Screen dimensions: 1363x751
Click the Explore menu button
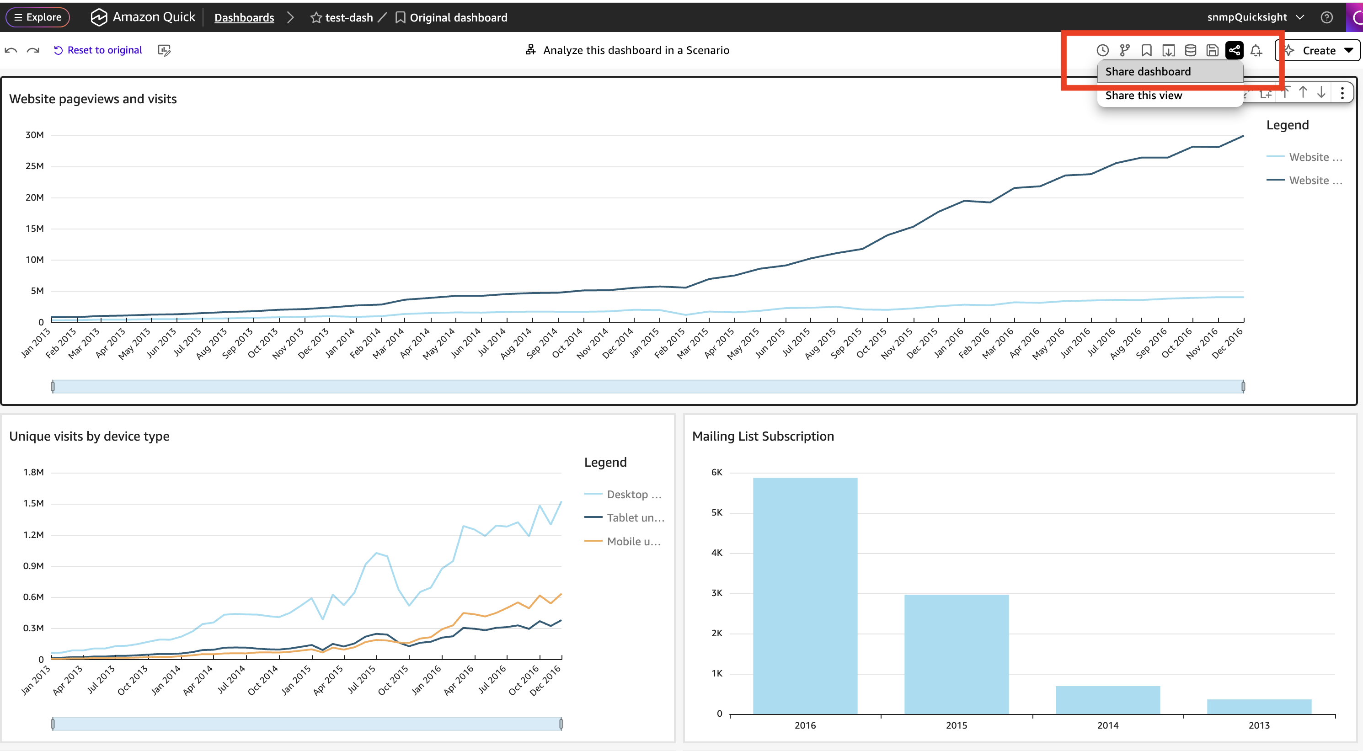point(37,17)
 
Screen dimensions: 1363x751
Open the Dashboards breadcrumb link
point(244,17)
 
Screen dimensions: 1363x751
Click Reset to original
point(98,50)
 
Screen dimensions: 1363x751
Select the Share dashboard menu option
point(1148,71)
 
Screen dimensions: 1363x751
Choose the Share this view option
point(1144,96)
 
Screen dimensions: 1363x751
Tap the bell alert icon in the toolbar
point(1256,50)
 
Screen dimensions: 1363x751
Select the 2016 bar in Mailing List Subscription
point(805,596)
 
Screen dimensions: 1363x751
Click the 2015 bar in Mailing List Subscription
point(956,654)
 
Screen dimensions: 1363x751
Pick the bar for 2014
point(1107,700)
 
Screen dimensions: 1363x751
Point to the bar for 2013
point(1259,707)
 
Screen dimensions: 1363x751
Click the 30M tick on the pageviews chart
point(34,135)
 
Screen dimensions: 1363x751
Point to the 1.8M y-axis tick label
point(33,472)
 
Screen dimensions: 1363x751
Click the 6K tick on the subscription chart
point(716,472)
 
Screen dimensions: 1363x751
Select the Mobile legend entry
point(623,541)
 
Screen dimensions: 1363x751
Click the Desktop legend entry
point(623,495)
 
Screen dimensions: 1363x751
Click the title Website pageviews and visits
point(93,99)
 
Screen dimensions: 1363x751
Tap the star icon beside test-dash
point(316,18)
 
